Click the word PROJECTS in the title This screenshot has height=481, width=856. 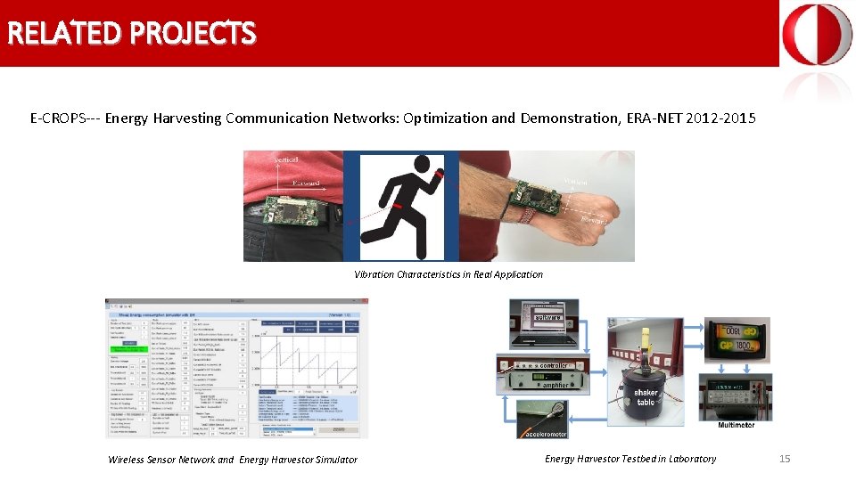pyautogui.click(x=193, y=33)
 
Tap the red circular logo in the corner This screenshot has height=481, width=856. pyautogui.click(x=817, y=35)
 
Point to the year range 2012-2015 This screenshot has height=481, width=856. pyautogui.click(x=721, y=118)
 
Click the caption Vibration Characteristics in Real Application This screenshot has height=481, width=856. pyautogui.click(x=448, y=274)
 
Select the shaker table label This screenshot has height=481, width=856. pyautogui.click(x=646, y=397)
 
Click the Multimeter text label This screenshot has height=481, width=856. pyautogui.click(x=736, y=425)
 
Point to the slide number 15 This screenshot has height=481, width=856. pyautogui.click(x=785, y=459)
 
